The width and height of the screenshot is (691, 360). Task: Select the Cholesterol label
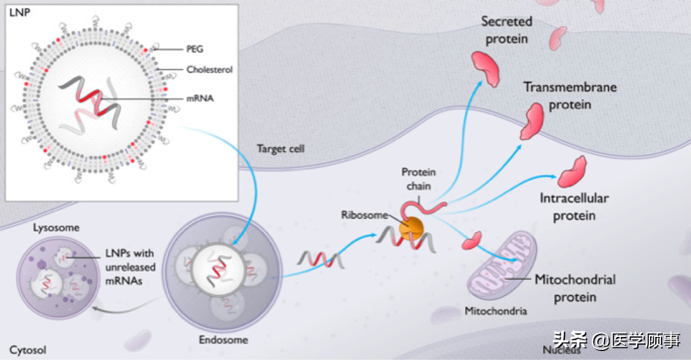click(x=209, y=69)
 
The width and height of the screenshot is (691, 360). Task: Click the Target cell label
click(x=280, y=149)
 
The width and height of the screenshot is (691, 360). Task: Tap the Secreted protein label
click(x=506, y=30)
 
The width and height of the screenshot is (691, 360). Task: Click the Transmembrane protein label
click(x=569, y=95)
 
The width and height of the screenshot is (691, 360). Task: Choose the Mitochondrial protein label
click(x=575, y=288)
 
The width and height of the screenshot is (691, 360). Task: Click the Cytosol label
click(x=28, y=350)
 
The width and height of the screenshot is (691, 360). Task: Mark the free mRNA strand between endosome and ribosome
click(x=319, y=259)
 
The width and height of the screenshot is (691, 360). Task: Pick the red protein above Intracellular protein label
click(x=572, y=171)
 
